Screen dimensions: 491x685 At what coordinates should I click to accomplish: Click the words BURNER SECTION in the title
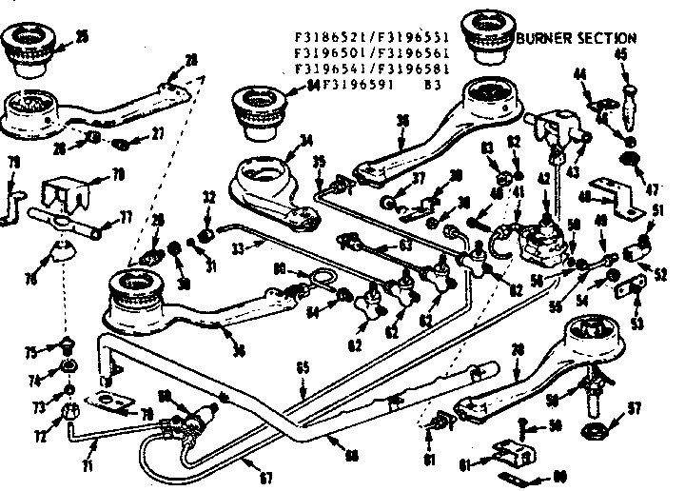pos(576,38)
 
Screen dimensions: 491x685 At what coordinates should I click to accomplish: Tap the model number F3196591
pos(352,84)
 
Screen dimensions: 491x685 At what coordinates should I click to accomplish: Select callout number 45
pos(620,53)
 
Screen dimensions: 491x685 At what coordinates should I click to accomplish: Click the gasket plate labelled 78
pos(114,403)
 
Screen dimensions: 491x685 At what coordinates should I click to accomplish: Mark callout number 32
pos(208,197)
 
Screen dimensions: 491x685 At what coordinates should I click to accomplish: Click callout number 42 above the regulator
pos(543,177)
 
